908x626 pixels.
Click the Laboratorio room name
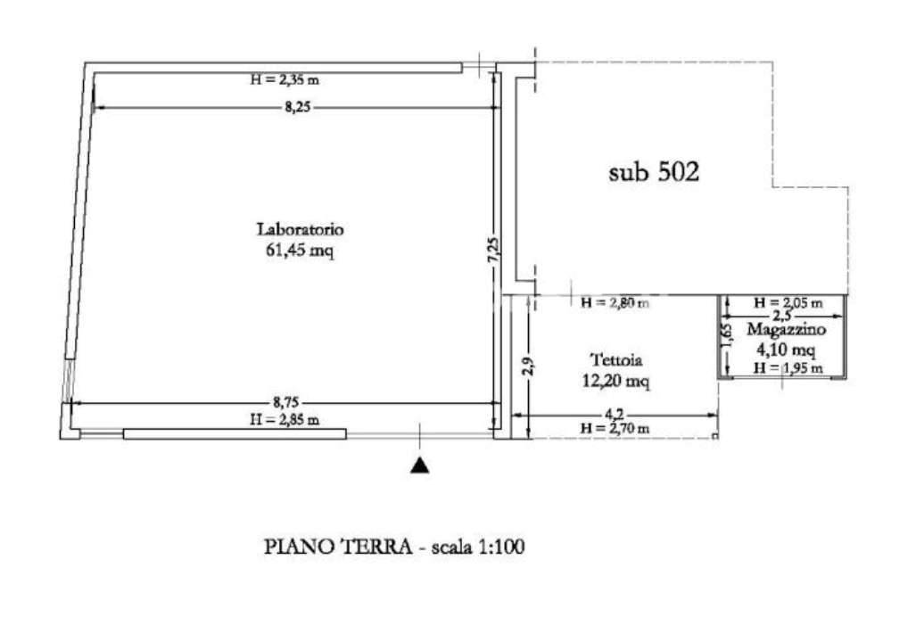300,229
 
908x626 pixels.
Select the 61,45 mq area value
300,251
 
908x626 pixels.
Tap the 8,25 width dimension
298,107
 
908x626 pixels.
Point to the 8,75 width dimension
286,402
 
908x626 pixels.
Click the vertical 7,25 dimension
492,250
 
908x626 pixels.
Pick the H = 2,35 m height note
285,80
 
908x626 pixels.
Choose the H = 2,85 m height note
285,420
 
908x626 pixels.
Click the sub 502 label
654,171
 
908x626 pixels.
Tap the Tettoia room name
616,359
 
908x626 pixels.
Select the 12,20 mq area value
615,381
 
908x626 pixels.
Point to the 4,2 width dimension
615,414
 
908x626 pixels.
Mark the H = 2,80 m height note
615,302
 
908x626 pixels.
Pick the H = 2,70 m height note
615,429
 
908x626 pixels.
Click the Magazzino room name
787,330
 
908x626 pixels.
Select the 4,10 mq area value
787,350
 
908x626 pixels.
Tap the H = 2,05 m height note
788,302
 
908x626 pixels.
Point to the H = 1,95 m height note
788,367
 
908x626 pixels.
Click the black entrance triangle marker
420,465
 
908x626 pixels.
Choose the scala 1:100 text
478,547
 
